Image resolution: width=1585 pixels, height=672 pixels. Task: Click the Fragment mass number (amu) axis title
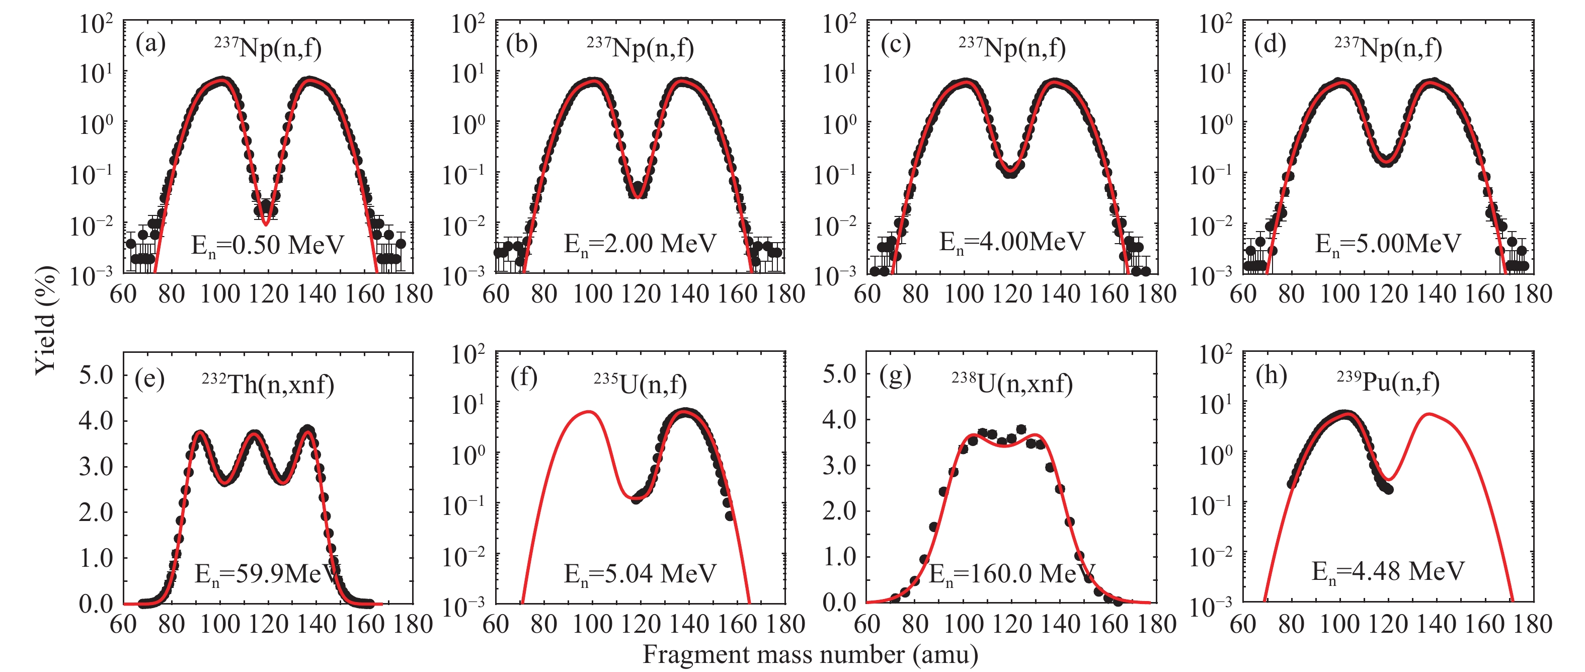[810, 655]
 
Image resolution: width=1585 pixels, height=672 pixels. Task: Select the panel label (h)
[1271, 376]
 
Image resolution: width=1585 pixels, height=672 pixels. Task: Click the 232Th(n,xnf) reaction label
[268, 385]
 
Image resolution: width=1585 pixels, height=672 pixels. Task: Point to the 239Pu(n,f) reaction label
[1388, 382]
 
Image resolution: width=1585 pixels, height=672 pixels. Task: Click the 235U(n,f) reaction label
[640, 385]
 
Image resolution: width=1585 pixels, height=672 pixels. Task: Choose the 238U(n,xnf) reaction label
[1012, 384]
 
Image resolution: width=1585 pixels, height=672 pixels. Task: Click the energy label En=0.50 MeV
[267, 246]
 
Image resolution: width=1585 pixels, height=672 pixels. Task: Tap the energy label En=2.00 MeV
[640, 244]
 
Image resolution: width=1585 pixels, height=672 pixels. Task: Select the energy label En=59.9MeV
[267, 575]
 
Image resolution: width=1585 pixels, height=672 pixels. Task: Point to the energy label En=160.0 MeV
[1011, 575]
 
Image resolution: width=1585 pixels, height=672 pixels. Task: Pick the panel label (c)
[895, 44]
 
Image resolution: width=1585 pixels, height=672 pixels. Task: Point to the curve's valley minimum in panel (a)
[265, 224]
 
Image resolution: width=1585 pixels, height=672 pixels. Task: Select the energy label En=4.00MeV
[1012, 242]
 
